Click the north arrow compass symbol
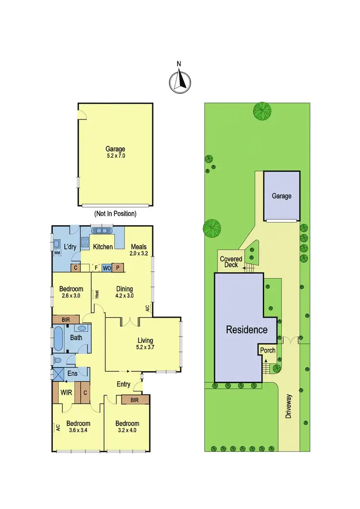(180, 80)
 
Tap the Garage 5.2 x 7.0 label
(115, 152)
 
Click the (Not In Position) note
(115, 213)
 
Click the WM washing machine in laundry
(58, 252)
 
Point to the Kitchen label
(103, 247)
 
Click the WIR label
(66, 392)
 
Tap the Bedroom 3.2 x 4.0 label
(127, 427)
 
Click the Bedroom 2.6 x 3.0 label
(71, 293)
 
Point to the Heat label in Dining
(96, 294)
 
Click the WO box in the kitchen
(106, 268)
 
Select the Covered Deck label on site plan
(231, 262)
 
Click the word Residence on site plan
(247, 330)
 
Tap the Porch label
(268, 350)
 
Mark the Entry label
(123, 384)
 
